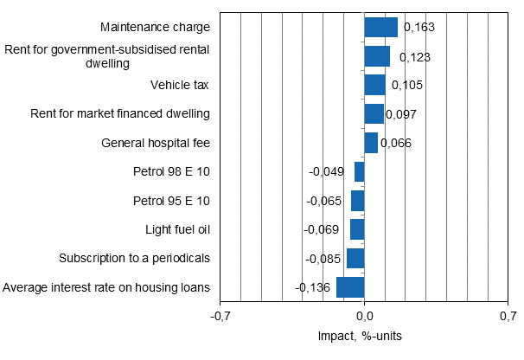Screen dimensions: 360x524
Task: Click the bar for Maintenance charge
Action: point(380,28)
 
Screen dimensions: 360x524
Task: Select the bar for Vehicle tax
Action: point(374,85)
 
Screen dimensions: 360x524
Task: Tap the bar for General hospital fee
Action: point(371,143)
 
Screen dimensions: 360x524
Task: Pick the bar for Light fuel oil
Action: point(357,229)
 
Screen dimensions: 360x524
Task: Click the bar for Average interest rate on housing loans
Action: point(350,287)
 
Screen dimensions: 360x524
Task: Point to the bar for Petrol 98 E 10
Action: point(360,172)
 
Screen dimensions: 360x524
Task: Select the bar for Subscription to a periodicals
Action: point(355,259)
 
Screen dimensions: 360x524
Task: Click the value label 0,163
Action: point(418,28)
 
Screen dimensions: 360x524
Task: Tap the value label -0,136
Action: point(313,287)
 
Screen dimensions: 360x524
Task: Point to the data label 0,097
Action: point(403,114)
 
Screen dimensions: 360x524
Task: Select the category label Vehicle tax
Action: point(180,85)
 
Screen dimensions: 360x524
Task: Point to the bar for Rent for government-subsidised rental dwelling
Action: point(377,56)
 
